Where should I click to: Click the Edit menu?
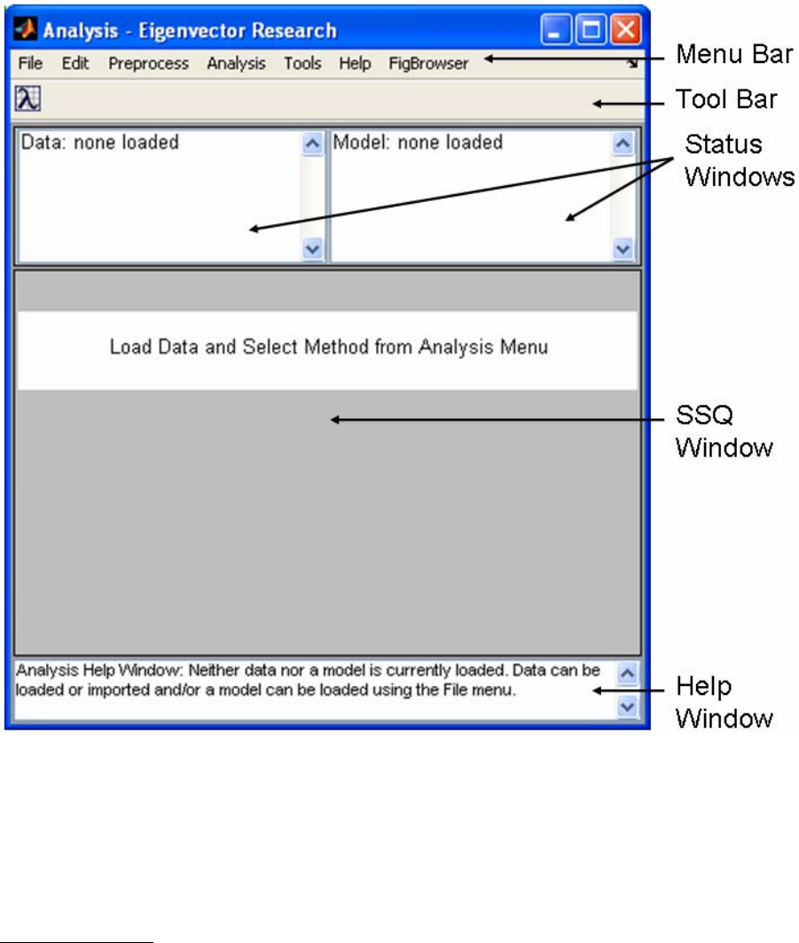tap(75, 64)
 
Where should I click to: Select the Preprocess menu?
tap(149, 64)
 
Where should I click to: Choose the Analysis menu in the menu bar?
tap(236, 64)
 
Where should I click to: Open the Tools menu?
tap(302, 64)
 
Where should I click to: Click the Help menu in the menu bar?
tap(355, 64)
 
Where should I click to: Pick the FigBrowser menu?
tap(428, 64)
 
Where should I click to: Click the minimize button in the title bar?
tap(558, 31)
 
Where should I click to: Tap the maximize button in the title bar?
tap(591, 31)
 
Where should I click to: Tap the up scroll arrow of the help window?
tap(627, 674)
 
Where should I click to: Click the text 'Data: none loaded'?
tap(99, 142)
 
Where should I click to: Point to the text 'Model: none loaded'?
tap(418, 142)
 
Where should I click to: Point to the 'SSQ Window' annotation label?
tap(725, 432)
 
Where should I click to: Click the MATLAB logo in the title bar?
tap(27, 31)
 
